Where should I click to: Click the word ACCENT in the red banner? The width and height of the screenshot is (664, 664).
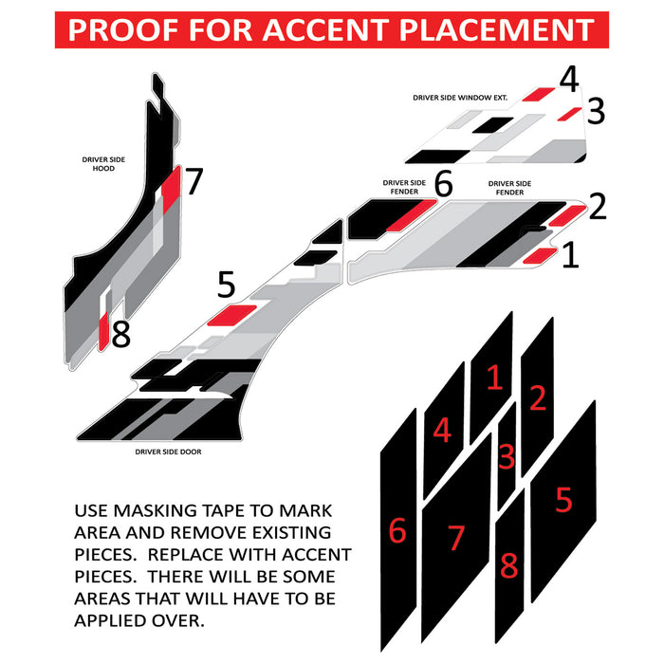pos(324,29)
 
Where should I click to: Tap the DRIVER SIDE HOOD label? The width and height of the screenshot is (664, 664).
pos(103,164)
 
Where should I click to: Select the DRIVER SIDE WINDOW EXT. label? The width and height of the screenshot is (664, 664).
pos(460,98)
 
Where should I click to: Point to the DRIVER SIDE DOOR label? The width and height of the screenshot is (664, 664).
pos(168,452)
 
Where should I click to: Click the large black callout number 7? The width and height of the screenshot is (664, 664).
pos(194,181)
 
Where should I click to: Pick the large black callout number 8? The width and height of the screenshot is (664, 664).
pos(121,334)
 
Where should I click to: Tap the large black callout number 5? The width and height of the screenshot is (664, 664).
pos(226,285)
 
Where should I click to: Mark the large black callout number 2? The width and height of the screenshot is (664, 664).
pos(598,206)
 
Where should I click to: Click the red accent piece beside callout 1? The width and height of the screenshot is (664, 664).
pos(540,256)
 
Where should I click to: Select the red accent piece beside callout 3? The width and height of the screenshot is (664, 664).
pos(569,115)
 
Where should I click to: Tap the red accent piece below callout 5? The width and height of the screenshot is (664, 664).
pos(231,315)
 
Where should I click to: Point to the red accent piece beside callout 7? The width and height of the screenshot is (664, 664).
pos(171,189)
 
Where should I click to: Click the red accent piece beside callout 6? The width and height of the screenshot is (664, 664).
pos(411,215)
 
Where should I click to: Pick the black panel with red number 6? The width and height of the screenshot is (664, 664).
pos(398,529)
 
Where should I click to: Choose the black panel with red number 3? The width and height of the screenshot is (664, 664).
pos(507,456)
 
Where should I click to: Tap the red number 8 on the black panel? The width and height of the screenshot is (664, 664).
pos(509,565)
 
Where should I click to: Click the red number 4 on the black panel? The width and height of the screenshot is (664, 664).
pos(442,431)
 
